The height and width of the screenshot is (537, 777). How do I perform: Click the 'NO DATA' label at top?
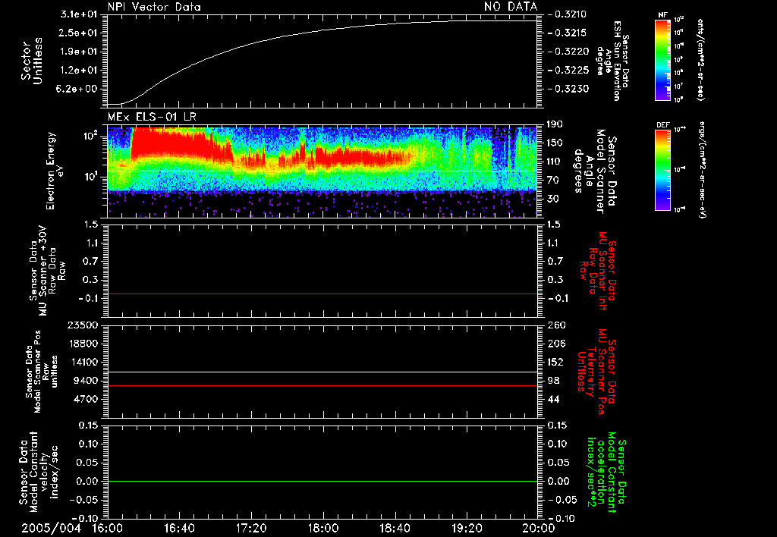tap(511, 7)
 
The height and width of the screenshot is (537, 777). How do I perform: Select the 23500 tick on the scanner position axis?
tap(85, 325)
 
